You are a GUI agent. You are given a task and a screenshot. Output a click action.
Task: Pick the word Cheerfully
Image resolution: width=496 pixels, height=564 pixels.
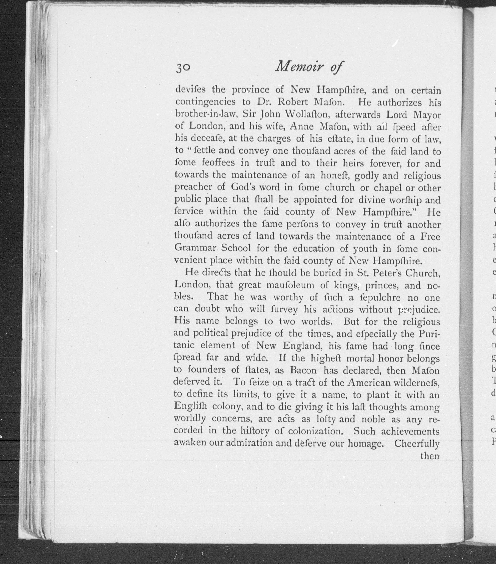[x=417, y=443]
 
